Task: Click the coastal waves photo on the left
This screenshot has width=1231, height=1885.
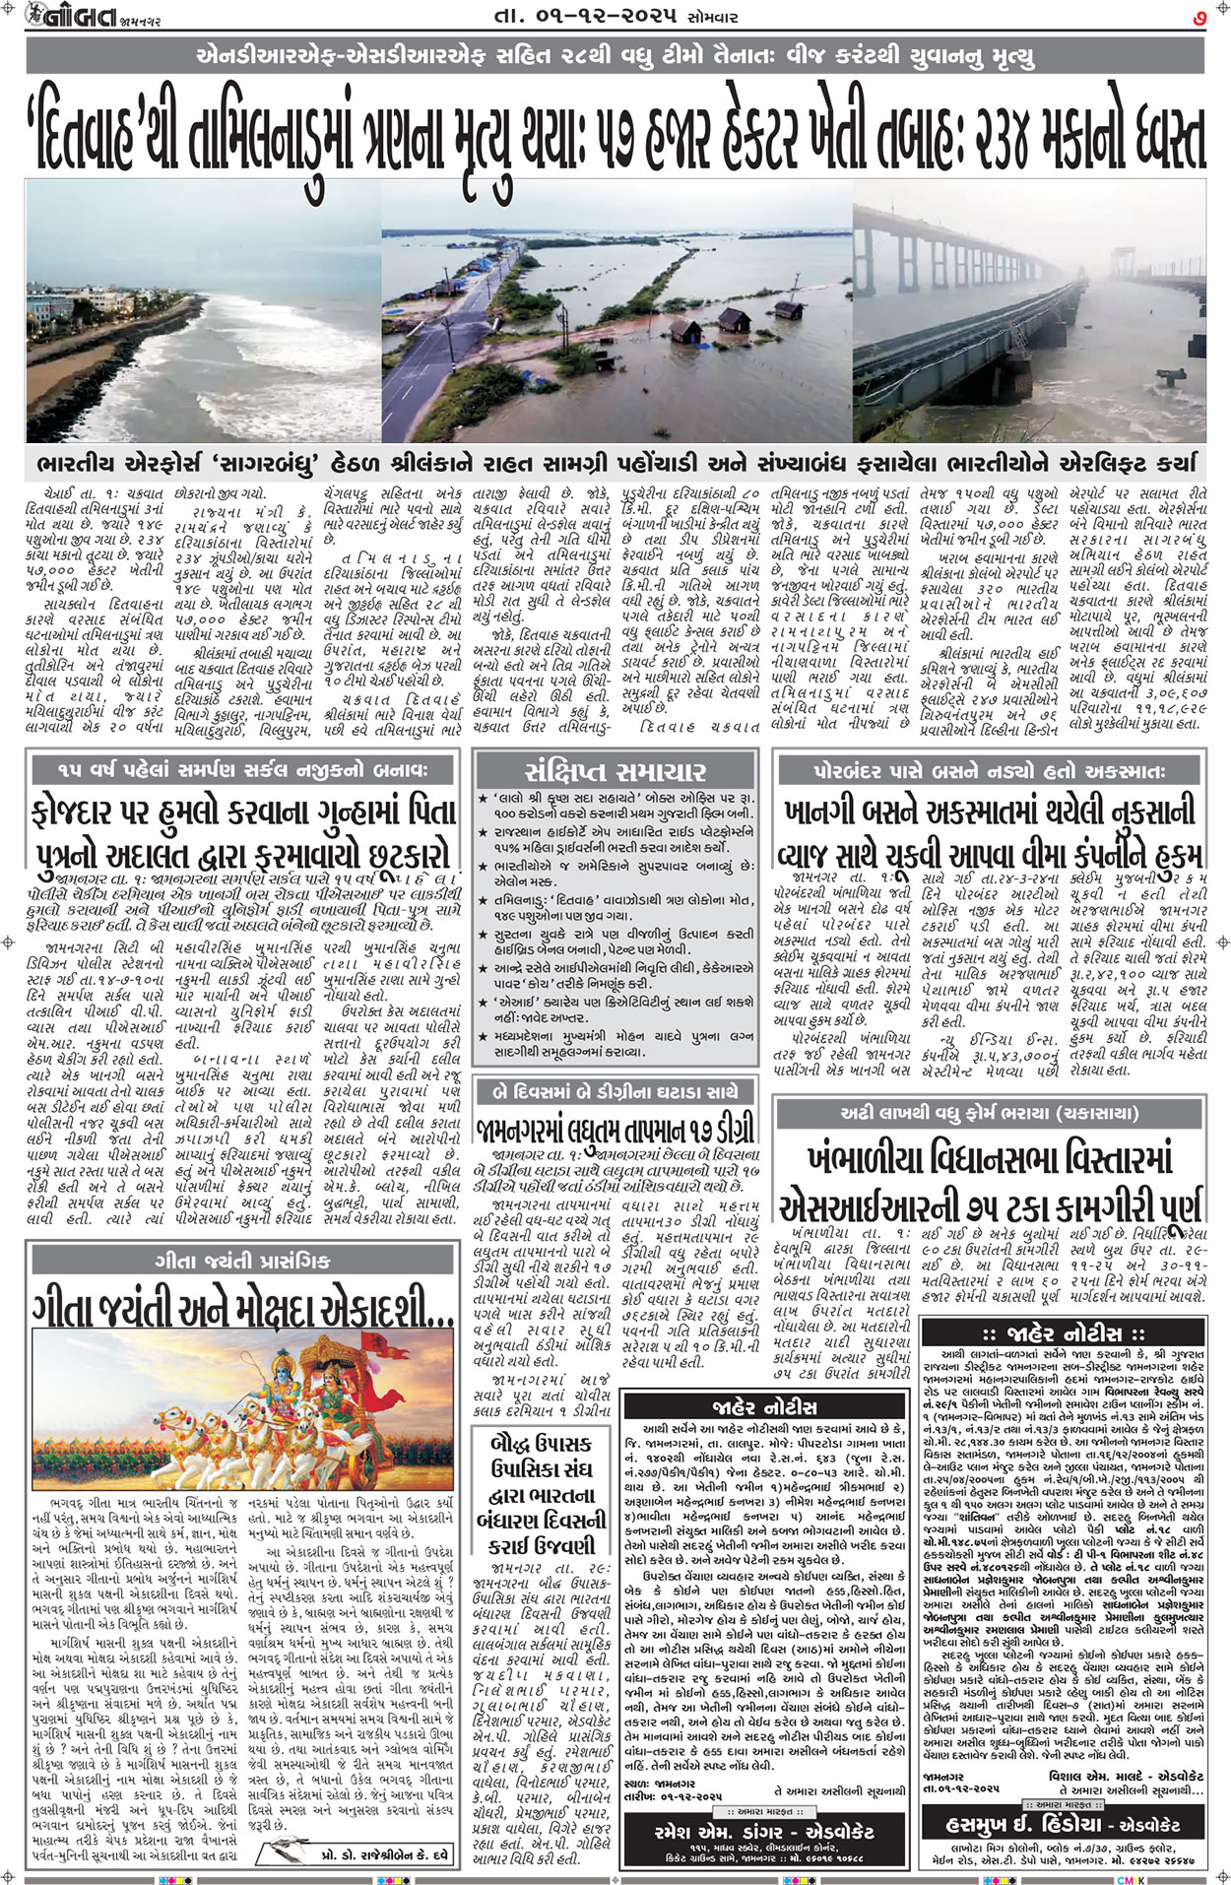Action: (201, 310)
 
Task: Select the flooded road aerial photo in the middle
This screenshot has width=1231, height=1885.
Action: (616, 310)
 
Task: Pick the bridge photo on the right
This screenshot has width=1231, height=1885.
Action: (1029, 310)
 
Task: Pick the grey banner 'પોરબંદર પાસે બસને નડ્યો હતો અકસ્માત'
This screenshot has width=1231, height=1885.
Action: (991, 769)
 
